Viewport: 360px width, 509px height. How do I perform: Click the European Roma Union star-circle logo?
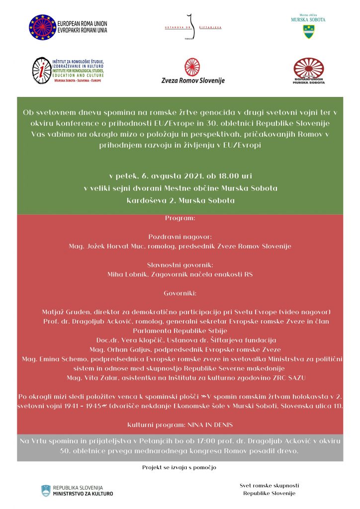(x=42, y=27)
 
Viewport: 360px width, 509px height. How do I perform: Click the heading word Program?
(x=180, y=218)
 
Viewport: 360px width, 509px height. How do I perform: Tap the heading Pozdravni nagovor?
(x=180, y=237)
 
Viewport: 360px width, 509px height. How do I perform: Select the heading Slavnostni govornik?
(x=180, y=265)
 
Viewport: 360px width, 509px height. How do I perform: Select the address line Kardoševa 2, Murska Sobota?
(x=180, y=201)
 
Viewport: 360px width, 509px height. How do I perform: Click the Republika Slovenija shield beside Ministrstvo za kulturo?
(x=46, y=491)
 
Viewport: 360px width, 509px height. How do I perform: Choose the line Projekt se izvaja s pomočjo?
(x=180, y=467)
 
